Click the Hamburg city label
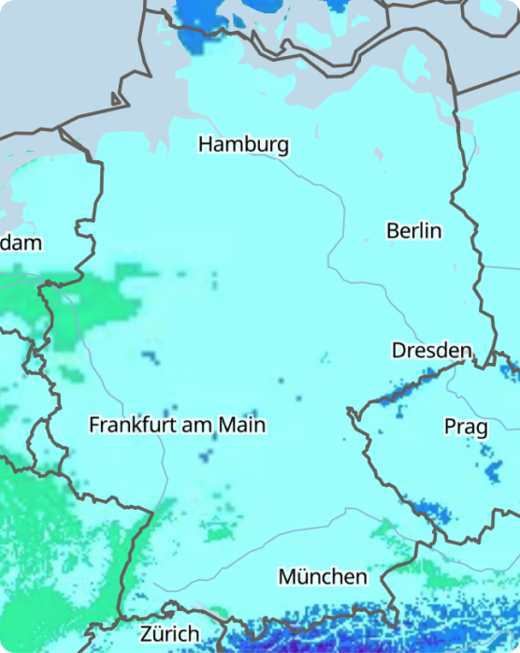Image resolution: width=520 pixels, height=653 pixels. pyautogui.click(x=243, y=145)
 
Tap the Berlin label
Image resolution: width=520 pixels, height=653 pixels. pyautogui.click(x=413, y=230)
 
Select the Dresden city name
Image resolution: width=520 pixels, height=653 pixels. pyautogui.click(x=431, y=350)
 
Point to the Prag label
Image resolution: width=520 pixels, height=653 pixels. pyautogui.click(x=465, y=428)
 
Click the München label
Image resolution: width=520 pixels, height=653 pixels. pyautogui.click(x=323, y=576)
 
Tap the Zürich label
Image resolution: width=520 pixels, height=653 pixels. pyautogui.click(x=169, y=633)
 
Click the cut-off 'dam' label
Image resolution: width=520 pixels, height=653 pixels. pyautogui.click(x=21, y=243)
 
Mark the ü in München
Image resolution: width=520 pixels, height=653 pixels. pyautogui.click(x=307, y=576)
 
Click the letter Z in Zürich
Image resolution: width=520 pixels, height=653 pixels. pyautogui.click(x=147, y=633)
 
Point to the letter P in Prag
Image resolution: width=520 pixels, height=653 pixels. pyautogui.click(x=450, y=428)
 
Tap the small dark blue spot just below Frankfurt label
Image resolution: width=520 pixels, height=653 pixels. pyautogui.click(x=206, y=457)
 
